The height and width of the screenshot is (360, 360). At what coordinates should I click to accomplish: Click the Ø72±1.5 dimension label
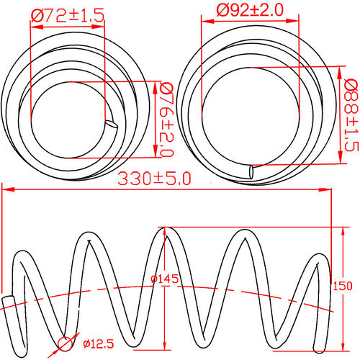[x=66, y=13]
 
